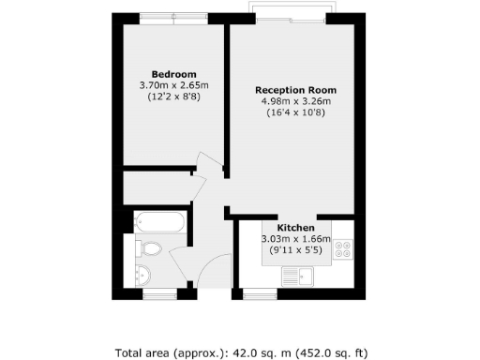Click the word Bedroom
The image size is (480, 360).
pos(174,74)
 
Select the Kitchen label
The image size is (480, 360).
pos(295,228)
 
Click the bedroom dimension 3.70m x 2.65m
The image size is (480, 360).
pos(174,86)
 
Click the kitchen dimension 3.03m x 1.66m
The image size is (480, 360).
pos(295,240)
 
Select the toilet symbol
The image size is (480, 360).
pos(147,248)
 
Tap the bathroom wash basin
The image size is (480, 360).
pos(142,275)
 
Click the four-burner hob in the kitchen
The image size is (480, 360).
pos(342,249)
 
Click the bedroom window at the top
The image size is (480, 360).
pos(173,18)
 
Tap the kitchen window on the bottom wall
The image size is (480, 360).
pos(255,294)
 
